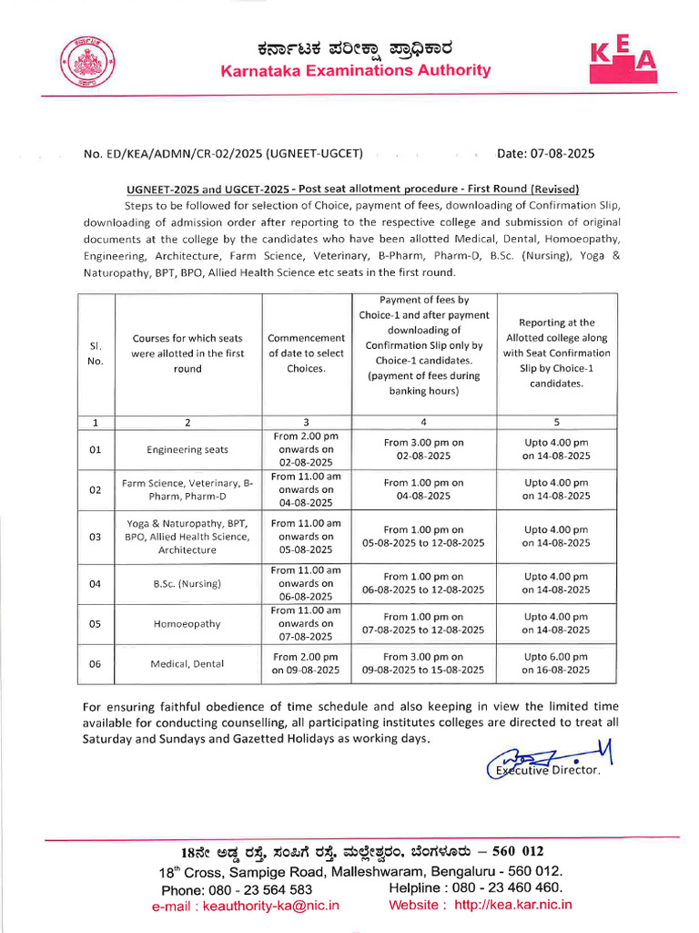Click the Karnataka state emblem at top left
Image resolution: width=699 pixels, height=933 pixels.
click(83, 63)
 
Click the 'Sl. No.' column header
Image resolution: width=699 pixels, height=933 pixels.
click(96, 354)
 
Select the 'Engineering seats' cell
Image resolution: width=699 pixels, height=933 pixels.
click(187, 449)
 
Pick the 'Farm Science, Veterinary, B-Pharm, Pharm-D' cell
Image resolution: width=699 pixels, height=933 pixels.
click(187, 489)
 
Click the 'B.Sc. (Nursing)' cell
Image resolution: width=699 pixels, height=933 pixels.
click(187, 583)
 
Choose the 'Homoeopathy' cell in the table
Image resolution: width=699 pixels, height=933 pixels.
click(187, 624)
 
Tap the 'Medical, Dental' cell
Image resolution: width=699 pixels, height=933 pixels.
click(187, 663)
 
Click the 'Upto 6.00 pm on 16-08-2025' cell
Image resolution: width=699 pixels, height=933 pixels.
click(556, 663)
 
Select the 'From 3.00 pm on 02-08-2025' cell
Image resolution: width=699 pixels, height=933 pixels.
click(423, 449)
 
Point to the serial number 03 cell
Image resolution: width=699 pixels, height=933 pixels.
click(96, 537)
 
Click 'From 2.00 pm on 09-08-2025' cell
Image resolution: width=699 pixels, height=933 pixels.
click(306, 663)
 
